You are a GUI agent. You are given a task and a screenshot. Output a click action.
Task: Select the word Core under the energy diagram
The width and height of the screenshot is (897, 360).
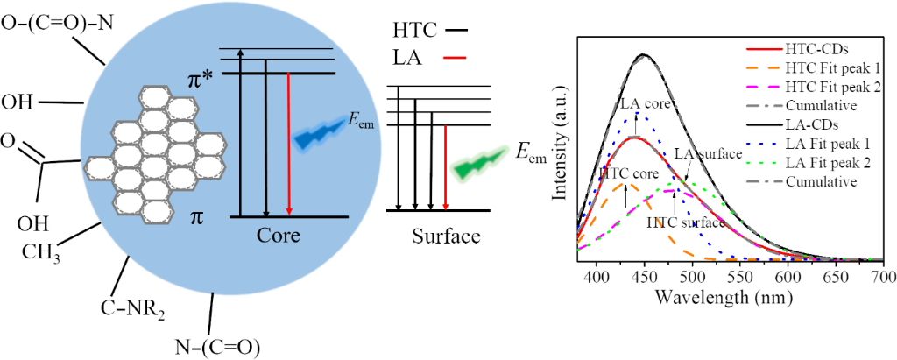coord(279,236)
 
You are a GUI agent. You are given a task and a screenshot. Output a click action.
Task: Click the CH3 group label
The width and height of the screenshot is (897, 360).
coord(42,252)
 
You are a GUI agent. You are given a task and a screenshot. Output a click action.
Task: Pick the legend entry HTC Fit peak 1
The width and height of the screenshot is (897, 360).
coord(829,67)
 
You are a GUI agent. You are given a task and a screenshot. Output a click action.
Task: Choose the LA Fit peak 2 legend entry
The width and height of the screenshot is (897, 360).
coord(824,163)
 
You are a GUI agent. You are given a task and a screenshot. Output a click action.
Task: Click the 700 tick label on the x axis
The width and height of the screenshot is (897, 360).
coord(883,277)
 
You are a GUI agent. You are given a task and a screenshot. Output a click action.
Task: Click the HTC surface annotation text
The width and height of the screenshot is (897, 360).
coord(679,222)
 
